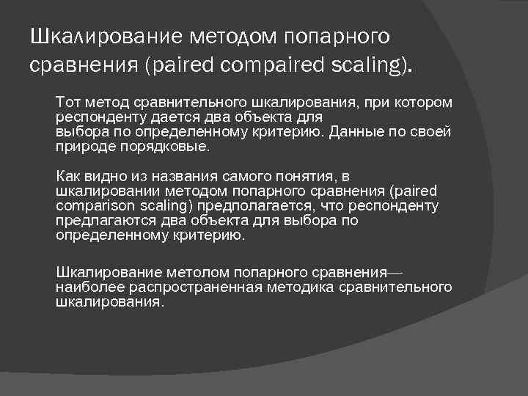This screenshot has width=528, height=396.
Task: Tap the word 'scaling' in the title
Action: [x=368, y=64]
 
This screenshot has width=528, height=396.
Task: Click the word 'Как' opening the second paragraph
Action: [x=68, y=177]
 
